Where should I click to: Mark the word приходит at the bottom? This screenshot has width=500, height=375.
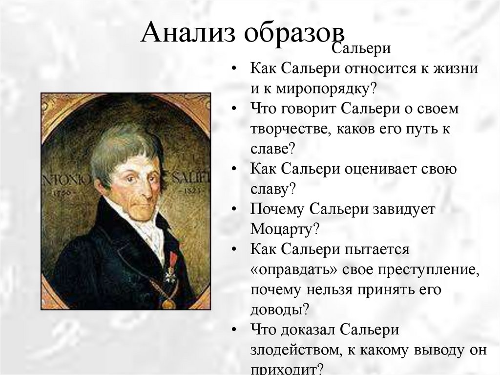point(283,368)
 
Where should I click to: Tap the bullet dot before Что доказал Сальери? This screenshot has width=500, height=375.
point(236,330)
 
